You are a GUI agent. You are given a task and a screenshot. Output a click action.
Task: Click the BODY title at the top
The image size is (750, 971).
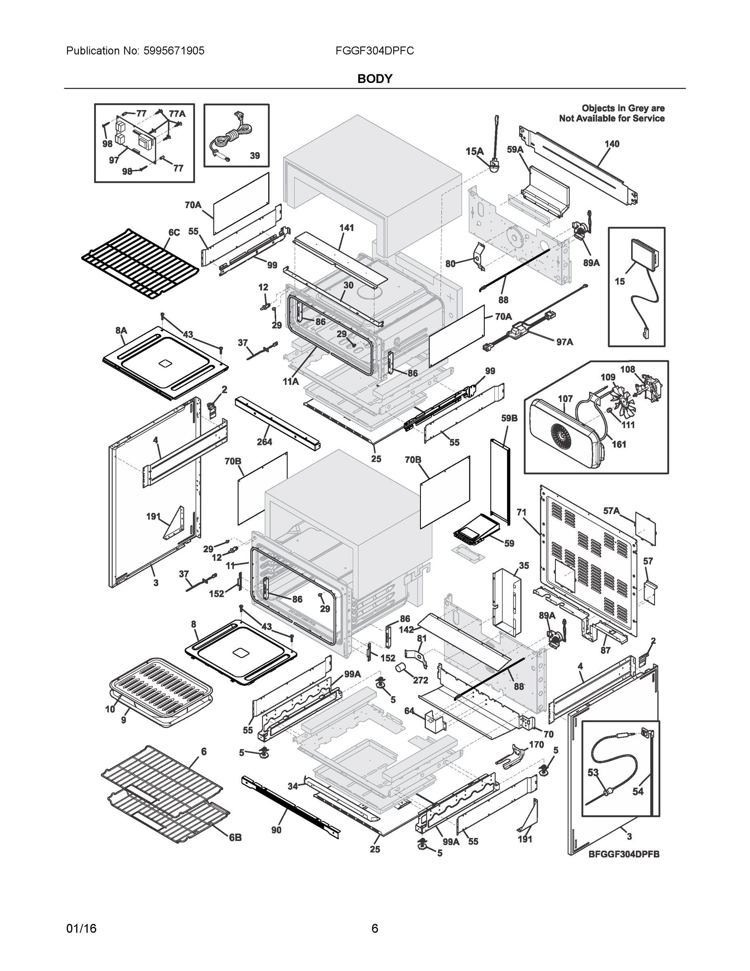374,79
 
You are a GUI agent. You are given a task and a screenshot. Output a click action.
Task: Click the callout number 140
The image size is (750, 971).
611,144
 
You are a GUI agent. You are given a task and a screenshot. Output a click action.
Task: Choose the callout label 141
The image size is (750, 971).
346,228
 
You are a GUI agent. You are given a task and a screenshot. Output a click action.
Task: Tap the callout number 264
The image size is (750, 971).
264,441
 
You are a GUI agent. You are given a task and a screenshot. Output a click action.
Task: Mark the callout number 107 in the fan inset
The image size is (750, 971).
565,399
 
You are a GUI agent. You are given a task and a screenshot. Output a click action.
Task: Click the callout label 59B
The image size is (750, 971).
509,418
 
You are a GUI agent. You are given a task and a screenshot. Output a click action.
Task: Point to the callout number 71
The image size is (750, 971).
522,513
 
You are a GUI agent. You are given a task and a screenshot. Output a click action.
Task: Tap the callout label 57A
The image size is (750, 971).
611,511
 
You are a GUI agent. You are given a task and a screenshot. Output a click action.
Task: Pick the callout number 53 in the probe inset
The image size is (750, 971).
593,773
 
